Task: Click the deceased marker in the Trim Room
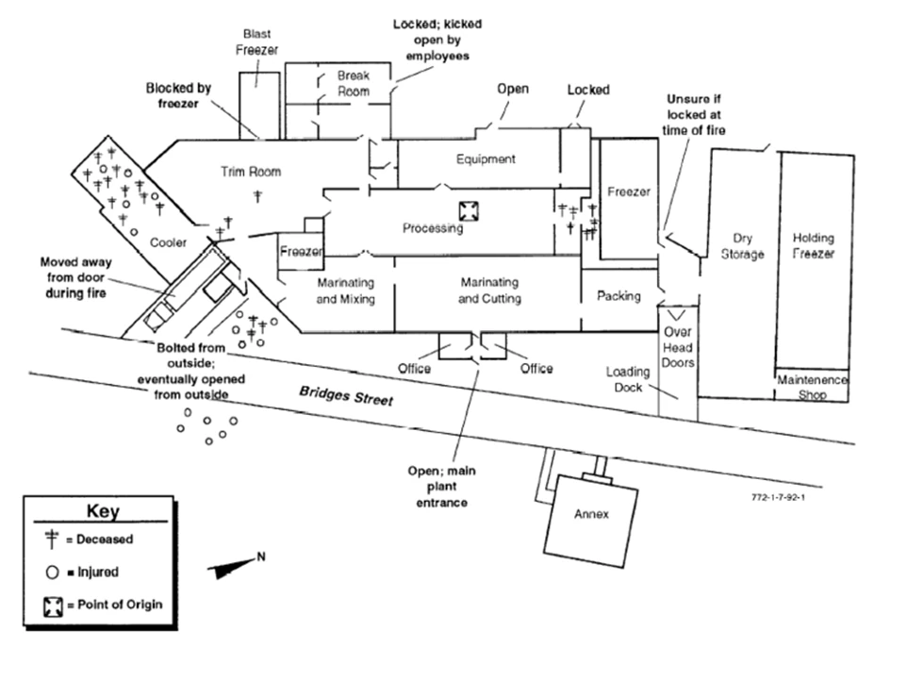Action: [x=258, y=195]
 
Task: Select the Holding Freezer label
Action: [x=814, y=247]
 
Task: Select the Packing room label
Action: [x=619, y=295]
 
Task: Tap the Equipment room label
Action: [x=486, y=159]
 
